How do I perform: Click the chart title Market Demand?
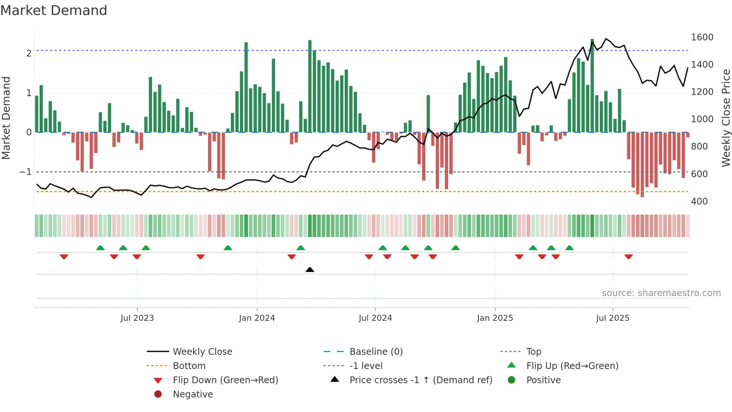(54, 10)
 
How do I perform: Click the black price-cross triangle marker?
(310, 270)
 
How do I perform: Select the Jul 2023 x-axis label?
(137, 318)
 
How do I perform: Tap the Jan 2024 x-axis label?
(257, 318)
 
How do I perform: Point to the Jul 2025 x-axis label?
(612, 318)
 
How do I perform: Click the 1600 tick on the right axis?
(702, 37)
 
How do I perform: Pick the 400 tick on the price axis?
(699, 202)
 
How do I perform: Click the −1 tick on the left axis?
(25, 172)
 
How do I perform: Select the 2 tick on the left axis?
(29, 53)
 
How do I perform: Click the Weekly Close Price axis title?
(726, 118)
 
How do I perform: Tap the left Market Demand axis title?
(6, 118)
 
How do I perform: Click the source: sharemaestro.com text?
(661, 293)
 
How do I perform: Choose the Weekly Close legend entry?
(202, 352)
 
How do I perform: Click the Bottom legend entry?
(189, 366)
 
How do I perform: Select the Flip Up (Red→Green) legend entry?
(572, 366)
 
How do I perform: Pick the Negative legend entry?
(193, 394)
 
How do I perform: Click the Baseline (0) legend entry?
(376, 352)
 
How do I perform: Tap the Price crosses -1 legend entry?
(421, 380)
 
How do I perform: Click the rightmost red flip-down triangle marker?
(629, 256)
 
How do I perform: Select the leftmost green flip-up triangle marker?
(100, 248)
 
